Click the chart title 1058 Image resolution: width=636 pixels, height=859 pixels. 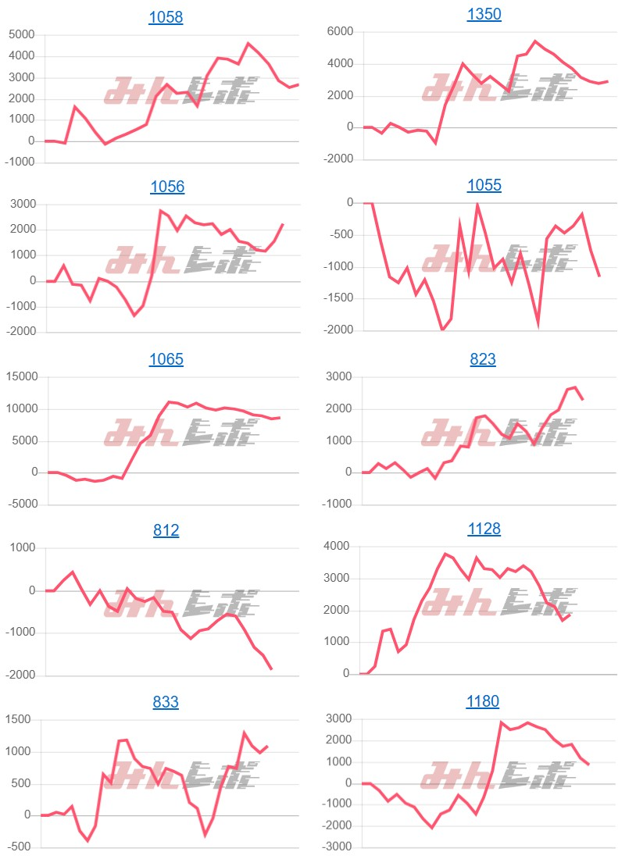pyautogui.click(x=166, y=17)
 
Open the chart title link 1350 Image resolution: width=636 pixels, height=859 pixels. pyautogui.click(x=484, y=14)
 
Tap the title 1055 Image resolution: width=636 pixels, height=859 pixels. pyautogui.click(x=484, y=185)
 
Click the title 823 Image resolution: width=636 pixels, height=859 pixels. pyautogui.click(x=484, y=359)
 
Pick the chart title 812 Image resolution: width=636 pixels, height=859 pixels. pyautogui.click(x=166, y=530)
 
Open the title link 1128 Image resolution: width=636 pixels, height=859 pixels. pyautogui.click(x=484, y=529)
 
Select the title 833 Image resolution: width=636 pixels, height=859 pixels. pyautogui.click(x=166, y=702)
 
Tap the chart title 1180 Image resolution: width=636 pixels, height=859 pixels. pyautogui.click(x=484, y=700)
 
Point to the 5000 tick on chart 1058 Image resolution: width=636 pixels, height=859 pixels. pyautogui.click(x=21, y=34)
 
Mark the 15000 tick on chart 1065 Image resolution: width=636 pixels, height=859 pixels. pyautogui.click(x=20, y=377)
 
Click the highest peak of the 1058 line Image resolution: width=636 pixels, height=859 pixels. pyautogui.click(x=248, y=44)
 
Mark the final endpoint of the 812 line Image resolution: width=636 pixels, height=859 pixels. pyautogui.click(x=271, y=669)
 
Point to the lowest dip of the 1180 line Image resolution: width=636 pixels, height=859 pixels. pyautogui.click(x=432, y=827)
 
